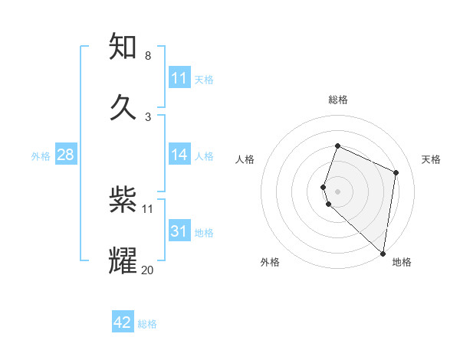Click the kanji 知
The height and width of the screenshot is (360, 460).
[123, 47]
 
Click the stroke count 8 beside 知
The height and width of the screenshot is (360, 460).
[147, 56]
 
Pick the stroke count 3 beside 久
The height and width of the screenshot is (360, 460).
[147, 116]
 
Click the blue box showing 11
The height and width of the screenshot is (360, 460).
[179, 78]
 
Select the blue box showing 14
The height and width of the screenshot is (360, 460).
[179, 155]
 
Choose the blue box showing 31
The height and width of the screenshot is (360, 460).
[179, 231]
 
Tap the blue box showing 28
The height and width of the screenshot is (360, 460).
[66, 155]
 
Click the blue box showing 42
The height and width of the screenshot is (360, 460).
[123, 322]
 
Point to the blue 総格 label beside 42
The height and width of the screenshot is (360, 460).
[147, 324]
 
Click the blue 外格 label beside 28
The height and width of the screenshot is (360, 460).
[41, 156]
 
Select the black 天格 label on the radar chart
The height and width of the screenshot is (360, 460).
[432, 159]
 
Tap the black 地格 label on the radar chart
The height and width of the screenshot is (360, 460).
[402, 262]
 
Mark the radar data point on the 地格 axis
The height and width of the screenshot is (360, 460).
[383, 254]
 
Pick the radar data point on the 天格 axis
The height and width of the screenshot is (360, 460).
[396, 172]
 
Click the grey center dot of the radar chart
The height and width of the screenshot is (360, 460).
[337, 191]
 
